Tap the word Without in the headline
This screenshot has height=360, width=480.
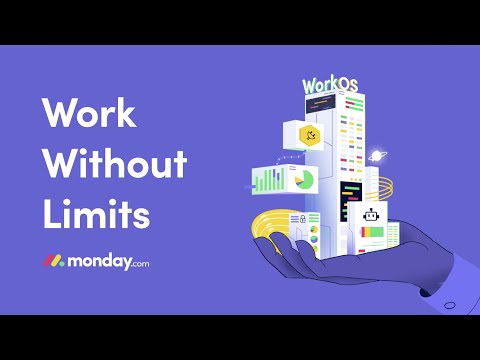pos(114,165)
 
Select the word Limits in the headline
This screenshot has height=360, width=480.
pos(96,213)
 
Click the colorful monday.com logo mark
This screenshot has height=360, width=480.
pos(53,260)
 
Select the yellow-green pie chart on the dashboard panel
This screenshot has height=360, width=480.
pos(303,179)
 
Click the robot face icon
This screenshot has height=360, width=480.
pos(372,214)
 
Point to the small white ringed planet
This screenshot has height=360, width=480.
pos(379,155)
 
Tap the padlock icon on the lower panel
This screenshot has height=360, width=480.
pos(299,219)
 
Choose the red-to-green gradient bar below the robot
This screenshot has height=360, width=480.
pos(372,232)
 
